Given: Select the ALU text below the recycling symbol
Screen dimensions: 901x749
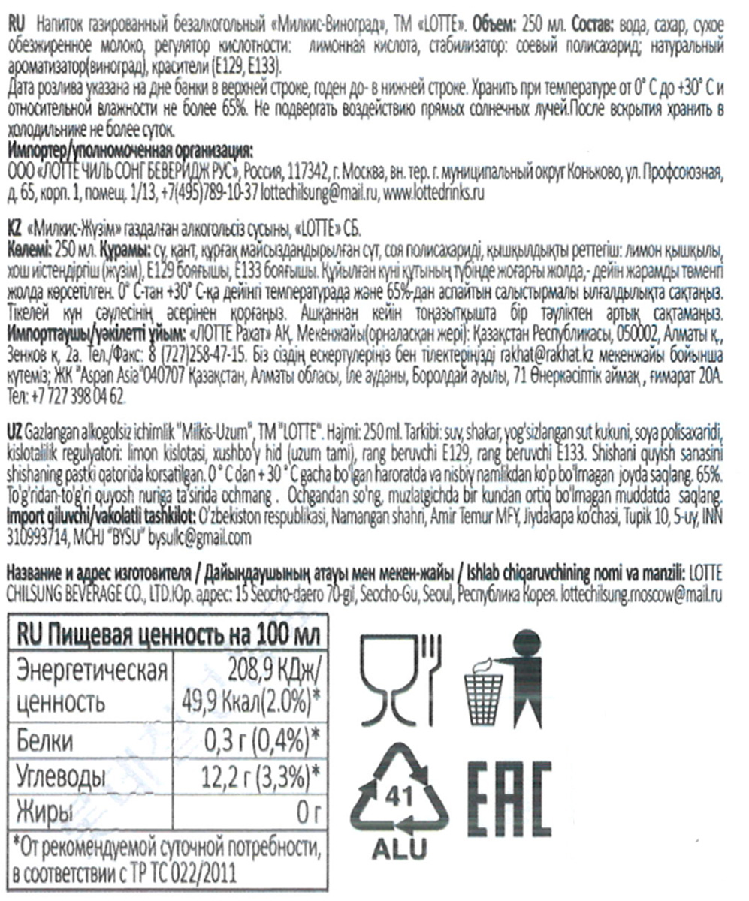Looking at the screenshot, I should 399,848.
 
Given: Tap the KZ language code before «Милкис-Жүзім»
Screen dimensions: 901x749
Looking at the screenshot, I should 13,228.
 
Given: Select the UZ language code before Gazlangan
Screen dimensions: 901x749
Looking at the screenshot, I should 14,432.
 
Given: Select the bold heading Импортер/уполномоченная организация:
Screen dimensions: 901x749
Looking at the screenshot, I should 142,146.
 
